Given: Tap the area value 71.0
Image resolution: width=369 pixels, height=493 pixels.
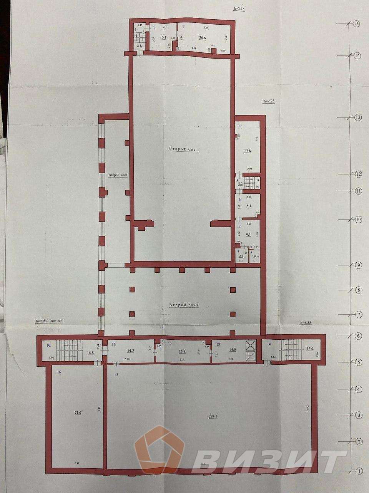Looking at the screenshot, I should point(78,413).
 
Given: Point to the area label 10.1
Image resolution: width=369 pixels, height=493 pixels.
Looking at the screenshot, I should point(163,38).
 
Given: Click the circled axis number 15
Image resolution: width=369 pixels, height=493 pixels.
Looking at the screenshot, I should point(356,23).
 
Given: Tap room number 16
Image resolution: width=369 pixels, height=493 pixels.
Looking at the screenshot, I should point(59,373).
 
